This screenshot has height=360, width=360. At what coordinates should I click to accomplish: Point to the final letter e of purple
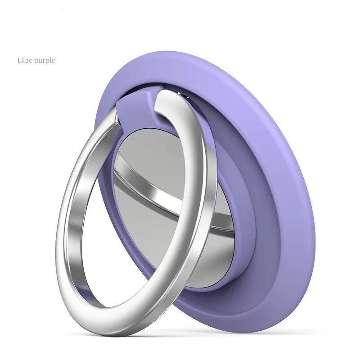tap(54, 60)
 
